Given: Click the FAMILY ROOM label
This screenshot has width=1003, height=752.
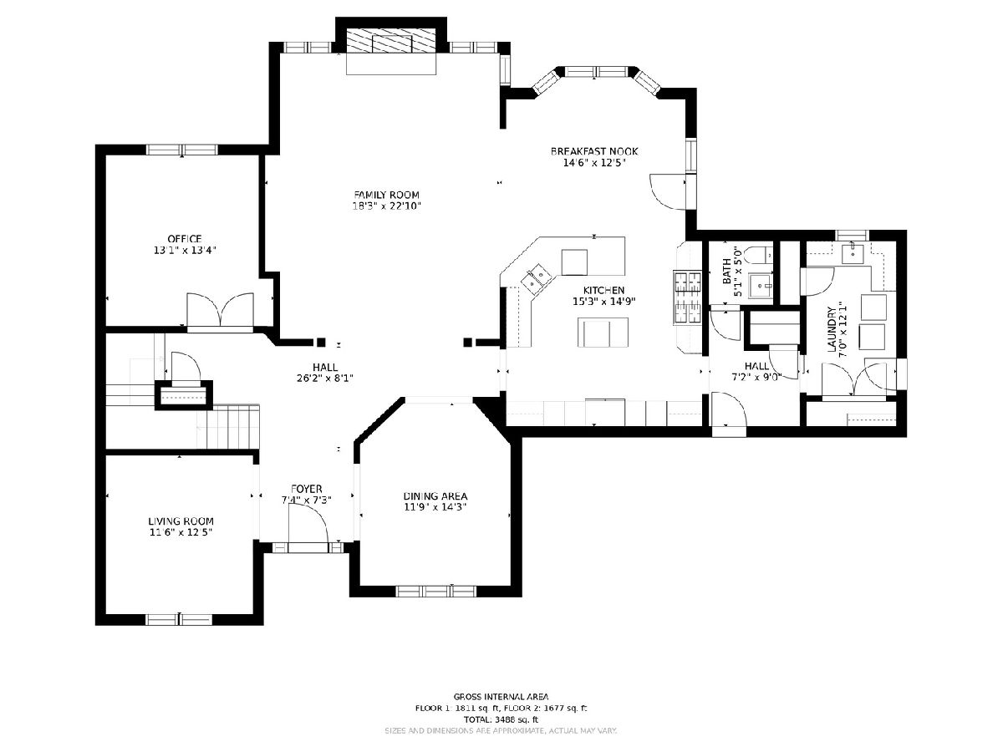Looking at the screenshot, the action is click(387, 195).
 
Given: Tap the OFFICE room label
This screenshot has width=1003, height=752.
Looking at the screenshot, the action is click(185, 239).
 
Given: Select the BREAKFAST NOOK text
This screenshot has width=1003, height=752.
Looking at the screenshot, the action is click(594, 151).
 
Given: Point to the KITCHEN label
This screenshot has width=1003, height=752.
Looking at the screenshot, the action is click(603, 290).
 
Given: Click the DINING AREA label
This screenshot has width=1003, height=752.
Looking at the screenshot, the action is click(435, 495).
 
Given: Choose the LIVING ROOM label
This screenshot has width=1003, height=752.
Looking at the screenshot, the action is click(181, 521).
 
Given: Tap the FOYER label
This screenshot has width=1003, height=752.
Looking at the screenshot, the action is click(306, 489).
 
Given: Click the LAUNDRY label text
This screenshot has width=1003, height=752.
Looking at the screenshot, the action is click(831, 329).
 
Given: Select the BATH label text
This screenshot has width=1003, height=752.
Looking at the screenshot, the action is click(726, 272).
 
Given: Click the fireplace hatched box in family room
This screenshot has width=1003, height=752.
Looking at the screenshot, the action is click(390, 41).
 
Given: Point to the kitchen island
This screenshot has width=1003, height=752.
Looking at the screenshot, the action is click(603, 332).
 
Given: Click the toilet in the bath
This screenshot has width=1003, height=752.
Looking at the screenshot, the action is click(758, 255).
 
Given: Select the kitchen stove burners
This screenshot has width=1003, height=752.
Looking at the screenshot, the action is click(687, 297).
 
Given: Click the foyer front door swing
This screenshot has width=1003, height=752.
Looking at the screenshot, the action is click(308, 524).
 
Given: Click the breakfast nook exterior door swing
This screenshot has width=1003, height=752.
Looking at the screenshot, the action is click(668, 191).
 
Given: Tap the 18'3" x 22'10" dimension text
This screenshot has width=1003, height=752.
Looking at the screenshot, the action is click(387, 206).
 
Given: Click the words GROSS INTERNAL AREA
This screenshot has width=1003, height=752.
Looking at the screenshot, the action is click(501, 697).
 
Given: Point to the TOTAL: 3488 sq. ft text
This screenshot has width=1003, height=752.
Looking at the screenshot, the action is click(501, 719).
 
